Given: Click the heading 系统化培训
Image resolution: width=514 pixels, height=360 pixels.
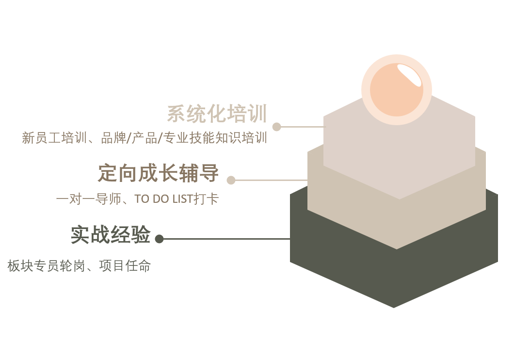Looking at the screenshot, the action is coord(217,114).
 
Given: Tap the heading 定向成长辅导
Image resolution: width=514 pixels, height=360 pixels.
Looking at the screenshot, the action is coord(159,173).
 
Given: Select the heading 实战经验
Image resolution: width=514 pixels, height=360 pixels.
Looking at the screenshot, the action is coord(111,234).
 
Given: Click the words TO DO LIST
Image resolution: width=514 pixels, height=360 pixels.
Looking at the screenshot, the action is coord(163,199).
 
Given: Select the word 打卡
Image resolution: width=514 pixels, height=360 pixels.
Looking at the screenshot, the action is coord(206,199).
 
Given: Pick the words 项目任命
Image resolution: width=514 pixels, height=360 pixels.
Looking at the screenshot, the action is coord(125,265).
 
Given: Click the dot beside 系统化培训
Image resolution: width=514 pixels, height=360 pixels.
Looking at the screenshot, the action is coord(277,127).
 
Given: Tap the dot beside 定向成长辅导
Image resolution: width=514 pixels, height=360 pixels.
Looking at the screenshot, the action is coord(231,180).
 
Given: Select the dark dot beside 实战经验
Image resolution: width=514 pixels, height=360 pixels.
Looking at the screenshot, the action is coord(160,239).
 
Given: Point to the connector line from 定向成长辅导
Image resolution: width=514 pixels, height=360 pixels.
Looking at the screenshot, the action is coord(272,180).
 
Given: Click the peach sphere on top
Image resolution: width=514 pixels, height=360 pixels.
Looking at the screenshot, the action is coord(397,90).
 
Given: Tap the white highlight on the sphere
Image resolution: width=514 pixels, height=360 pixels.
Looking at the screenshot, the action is coord(409,75).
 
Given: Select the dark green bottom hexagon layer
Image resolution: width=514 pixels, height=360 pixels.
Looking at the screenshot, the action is coord(394,276).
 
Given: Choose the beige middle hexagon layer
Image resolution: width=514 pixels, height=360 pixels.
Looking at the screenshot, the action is coord(397,223).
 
